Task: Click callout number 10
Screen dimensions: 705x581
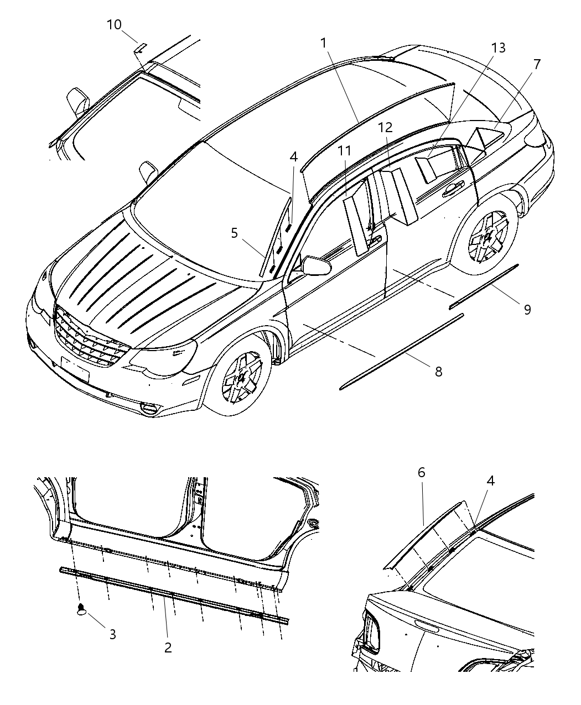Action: click(114, 25)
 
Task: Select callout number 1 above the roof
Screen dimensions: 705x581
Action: click(323, 43)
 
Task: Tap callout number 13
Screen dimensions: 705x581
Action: click(498, 48)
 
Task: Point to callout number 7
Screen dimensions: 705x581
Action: click(536, 64)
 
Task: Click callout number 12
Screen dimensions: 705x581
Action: click(385, 128)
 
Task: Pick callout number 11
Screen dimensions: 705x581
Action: click(345, 151)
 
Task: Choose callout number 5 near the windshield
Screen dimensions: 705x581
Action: click(235, 233)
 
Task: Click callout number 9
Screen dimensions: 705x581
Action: click(527, 310)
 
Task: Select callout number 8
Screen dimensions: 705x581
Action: click(438, 372)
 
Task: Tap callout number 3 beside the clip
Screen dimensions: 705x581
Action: click(112, 634)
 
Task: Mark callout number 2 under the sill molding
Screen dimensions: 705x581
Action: click(168, 647)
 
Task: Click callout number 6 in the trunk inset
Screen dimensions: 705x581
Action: click(422, 472)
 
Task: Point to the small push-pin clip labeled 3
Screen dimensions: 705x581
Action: click(81, 610)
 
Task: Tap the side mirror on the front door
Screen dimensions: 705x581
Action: click(316, 265)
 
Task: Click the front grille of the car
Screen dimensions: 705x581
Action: click(89, 338)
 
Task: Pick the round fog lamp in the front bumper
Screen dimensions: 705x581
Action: click(149, 409)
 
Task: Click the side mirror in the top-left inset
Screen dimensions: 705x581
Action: click(77, 102)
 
